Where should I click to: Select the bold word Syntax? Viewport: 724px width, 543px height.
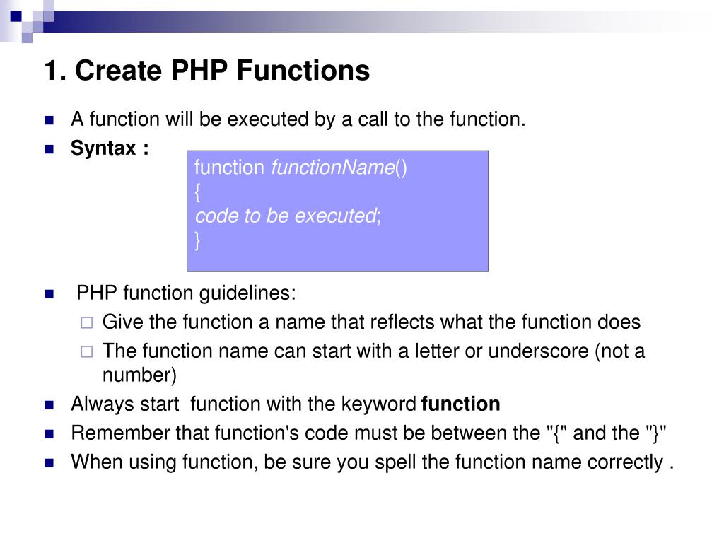[103, 148]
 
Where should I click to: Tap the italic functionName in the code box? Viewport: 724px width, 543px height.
[333, 168]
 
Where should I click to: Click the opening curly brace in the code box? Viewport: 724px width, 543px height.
[198, 192]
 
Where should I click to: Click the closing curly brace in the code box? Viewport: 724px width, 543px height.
[198, 240]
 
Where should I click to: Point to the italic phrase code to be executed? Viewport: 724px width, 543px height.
[286, 216]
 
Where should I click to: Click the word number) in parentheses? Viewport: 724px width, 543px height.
[139, 374]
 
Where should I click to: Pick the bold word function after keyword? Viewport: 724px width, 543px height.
[460, 404]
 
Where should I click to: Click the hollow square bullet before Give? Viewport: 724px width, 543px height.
[86, 323]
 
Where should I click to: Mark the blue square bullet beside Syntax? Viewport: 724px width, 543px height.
[49, 149]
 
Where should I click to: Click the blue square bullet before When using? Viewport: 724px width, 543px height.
[49, 463]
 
